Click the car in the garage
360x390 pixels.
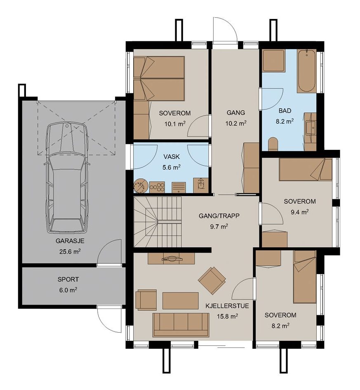(x=67, y=178)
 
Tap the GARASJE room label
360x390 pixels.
(x=70, y=241)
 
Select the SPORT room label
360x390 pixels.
(x=68, y=279)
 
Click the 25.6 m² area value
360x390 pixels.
(x=70, y=251)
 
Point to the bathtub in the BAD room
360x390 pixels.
(x=306, y=71)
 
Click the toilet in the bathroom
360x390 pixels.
(x=273, y=144)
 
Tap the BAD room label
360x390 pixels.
(x=285, y=111)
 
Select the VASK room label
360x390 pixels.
(x=172, y=157)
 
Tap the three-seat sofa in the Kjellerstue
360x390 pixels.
(x=181, y=325)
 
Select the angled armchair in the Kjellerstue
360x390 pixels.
(x=212, y=279)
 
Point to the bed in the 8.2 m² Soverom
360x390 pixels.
(x=305, y=277)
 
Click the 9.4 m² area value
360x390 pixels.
(x=300, y=212)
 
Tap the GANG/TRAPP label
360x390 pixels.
(x=219, y=216)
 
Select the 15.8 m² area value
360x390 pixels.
(x=227, y=317)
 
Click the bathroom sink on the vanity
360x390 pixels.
(x=311, y=127)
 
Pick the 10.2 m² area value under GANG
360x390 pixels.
(x=236, y=123)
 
